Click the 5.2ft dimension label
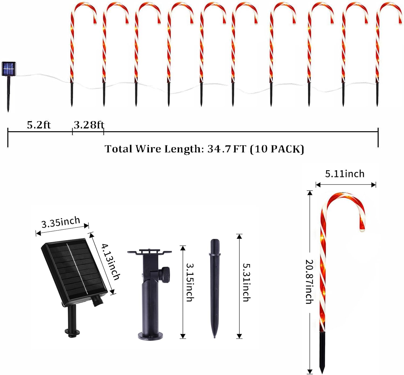(x=39, y=125)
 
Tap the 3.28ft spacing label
(x=89, y=125)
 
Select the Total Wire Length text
(x=204, y=149)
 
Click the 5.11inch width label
(x=345, y=174)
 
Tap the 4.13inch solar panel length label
(x=110, y=262)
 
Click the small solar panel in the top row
(x=9, y=69)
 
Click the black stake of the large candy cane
(x=322, y=351)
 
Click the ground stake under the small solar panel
(x=9, y=94)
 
